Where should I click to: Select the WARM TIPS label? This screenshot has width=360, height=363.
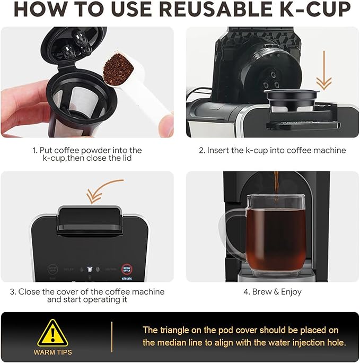(x=52, y=352)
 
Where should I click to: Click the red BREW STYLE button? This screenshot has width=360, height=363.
(x=126, y=268)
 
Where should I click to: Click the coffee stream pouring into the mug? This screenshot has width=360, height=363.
(x=276, y=186)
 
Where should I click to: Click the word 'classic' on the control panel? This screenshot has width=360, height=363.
(x=126, y=278)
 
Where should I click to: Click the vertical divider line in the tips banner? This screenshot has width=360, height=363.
(x=112, y=337)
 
